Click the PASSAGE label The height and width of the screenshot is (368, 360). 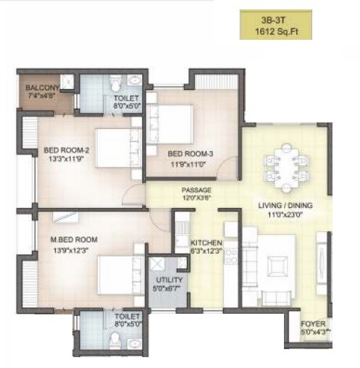coord(196,191)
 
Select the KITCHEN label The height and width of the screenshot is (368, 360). coord(205,243)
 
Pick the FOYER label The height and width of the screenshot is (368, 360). coord(313,324)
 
